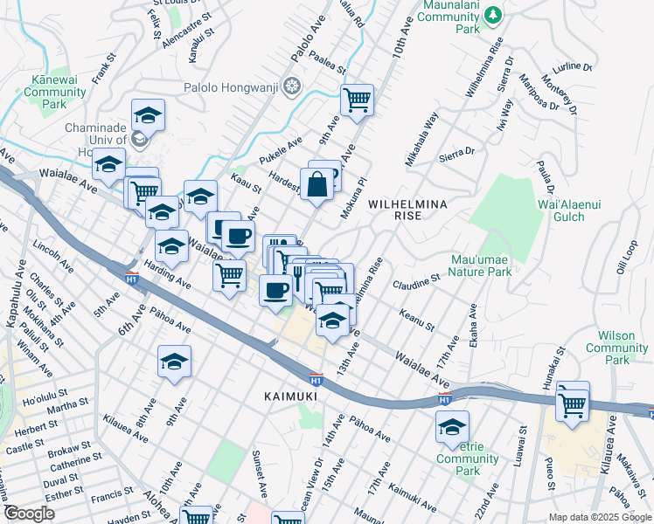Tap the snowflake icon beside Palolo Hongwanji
point(292,86)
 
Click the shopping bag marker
point(317,183)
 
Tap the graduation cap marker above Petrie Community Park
point(452,427)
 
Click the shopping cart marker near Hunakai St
point(573,403)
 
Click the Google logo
point(29,514)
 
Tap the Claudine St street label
point(415,282)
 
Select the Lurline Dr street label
point(574,66)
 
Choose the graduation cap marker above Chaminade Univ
point(148,115)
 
